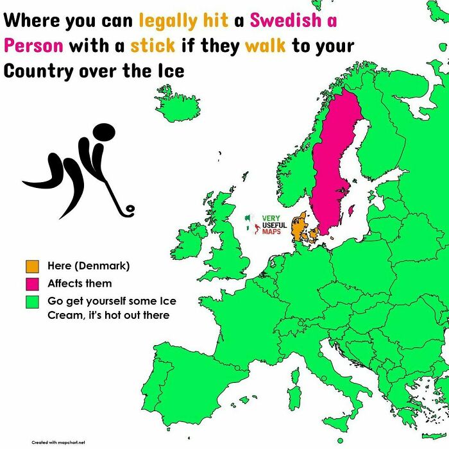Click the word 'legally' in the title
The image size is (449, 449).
pos(169,21)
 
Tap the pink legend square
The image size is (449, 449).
pos(31,284)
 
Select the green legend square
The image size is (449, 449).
pos(31,301)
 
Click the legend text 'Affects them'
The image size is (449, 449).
pos(80,284)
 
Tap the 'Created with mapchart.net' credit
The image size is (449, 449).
pos(58,442)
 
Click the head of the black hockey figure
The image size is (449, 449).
pos(104,133)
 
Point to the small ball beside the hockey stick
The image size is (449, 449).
pos(130,208)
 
